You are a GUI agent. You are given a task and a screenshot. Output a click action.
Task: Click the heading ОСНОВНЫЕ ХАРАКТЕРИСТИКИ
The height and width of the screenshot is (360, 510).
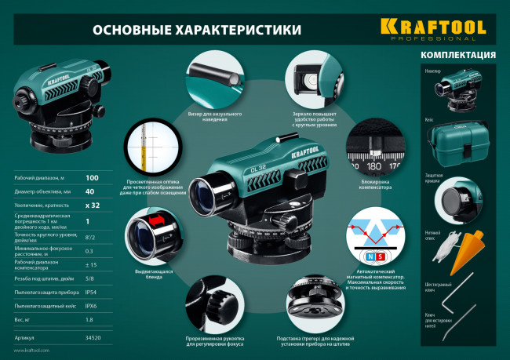[x=197, y=30]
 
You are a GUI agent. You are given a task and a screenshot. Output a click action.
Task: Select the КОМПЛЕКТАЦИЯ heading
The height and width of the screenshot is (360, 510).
[x=457, y=55]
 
